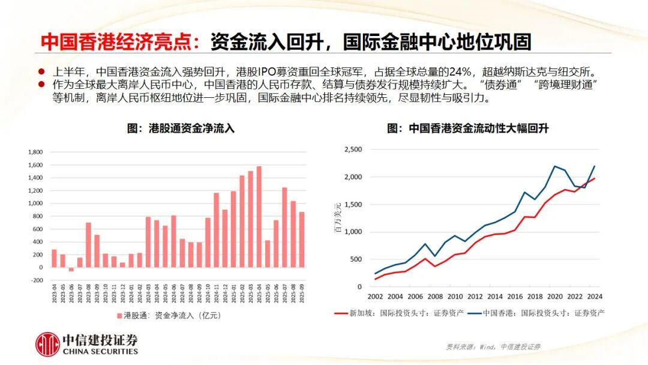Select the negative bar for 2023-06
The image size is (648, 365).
pyautogui.click(x=71, y=270)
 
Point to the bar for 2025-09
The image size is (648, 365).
pyautogui.click(x=301, y=240)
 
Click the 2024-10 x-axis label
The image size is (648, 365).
pyautogui.click(x=208, y=294)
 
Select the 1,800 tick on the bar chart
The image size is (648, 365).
pyautogui.click(x=35, y=152)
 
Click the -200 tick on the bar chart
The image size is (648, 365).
pyautogui.click(x=37, y=280)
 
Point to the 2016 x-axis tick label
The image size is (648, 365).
pyautogui.click(x=514, y=297)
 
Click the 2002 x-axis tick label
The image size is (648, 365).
pyautogui.click(x=376, y=297)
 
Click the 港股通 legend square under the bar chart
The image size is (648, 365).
pyautogui.click(x=119, y=315)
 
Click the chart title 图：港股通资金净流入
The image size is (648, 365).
pyautogui.click(x=181, y=128)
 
